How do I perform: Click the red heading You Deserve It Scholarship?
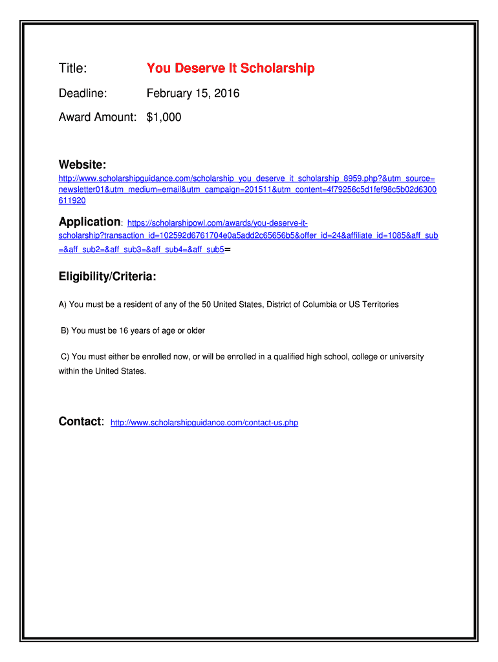click(x=230, y=69)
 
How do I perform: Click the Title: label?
click(x=72, y=69)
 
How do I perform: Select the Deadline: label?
click(x=83, y=94)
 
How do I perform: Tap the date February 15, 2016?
click(x=193, y=94)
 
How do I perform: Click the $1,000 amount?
click(x=164, y=117)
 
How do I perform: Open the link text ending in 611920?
click(x=72, y=201)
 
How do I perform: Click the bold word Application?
click(x=89, y=222)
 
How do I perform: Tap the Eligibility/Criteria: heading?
click(x=107, y=277)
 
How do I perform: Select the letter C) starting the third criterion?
click(x=65, y=356)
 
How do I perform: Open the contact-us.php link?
click(x=204, y=423)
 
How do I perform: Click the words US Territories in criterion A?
click(x=374, y=304)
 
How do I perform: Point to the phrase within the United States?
click(x=102, y=371)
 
